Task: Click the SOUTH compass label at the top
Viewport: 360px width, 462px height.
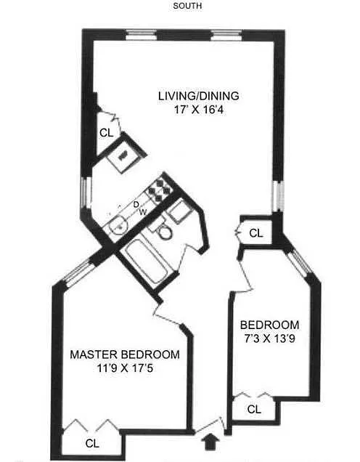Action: tap(187, 6)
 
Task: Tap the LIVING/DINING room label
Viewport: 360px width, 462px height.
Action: tap(199, 96)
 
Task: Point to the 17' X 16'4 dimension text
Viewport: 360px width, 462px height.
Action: tap(200, 110)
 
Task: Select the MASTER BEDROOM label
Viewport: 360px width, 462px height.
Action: tap(125, 354)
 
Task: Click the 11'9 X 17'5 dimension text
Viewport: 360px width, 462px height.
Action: tap(125, 368)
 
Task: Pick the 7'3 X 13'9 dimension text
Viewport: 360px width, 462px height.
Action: tap(269, 339)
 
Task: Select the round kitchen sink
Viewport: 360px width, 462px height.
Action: tap(118, 225)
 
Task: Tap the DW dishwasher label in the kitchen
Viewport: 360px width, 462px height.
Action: tap(139, 208)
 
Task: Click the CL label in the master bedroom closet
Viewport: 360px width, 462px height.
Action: tap(92, 443)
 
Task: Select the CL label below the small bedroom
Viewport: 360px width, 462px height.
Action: tap(254, 409)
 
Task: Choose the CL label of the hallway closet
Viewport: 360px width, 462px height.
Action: tap(255, 233)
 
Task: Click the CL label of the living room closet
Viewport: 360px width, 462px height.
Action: tap(106, 133)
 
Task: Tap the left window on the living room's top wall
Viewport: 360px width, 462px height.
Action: tap(142, 35)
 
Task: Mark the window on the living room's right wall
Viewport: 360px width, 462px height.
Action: tap(279, 196)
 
